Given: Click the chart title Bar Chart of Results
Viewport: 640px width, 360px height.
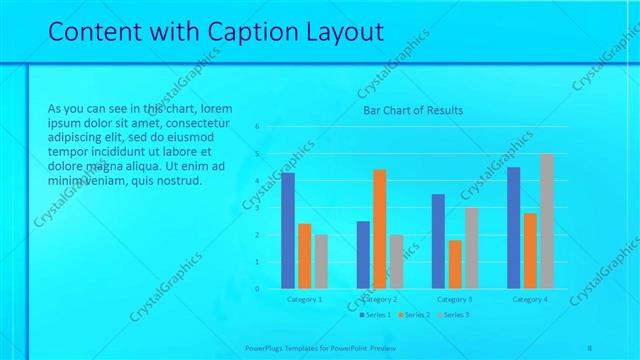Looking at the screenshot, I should click(412, 110).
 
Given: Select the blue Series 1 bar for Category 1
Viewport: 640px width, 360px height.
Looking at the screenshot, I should click(288, 231).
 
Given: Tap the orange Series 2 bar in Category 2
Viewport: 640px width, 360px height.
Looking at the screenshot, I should click(379, 229).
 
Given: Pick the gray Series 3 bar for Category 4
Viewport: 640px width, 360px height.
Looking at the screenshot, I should click(546, 221).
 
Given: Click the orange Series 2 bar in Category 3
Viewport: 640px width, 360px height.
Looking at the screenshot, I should click(455, 264).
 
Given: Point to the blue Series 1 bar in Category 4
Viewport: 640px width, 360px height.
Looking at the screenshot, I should click(514, 228).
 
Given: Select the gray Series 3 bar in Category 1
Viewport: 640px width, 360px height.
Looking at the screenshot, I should click(320, 261).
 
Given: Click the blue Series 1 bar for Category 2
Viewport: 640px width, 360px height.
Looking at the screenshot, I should click(363, 255).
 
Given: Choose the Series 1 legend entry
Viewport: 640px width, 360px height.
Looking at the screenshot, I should click(376, 315).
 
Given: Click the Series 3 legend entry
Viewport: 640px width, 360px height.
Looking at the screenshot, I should click(452, 315).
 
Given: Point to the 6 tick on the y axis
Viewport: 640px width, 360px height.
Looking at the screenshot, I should click(257, 127).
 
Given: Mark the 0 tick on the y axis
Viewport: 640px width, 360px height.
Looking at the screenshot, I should click(257, 289).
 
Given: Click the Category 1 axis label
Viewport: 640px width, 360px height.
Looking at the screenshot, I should click(304, 299).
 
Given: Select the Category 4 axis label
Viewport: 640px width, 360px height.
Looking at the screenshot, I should click(530, 299).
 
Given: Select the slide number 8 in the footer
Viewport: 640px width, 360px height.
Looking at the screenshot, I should click(589, 348).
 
